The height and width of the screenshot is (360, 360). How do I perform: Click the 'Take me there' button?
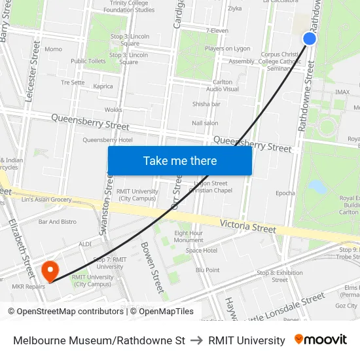[180, 161]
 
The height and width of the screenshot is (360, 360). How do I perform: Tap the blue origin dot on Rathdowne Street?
[310, 39]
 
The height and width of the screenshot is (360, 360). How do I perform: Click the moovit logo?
[320, 340]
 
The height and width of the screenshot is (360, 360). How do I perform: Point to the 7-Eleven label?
[217, 30]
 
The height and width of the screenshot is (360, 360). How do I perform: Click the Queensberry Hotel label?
[107, 140]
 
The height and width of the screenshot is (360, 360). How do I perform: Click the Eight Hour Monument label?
[189, 236]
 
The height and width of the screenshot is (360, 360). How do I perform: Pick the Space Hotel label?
[201, 250]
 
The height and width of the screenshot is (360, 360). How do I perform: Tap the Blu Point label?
[207, 270]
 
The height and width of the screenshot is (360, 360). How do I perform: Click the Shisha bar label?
[206, 104]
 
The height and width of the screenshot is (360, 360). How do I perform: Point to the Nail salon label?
[205, 123]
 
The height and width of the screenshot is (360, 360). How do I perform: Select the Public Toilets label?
[88, 62]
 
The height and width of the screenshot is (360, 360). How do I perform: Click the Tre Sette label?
[73, 82]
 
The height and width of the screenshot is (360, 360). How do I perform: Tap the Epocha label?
[285, 193]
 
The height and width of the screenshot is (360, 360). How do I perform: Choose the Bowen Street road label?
[152, 267]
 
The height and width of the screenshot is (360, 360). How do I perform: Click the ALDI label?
[85, 243]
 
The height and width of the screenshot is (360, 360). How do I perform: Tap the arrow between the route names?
[196, 340]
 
